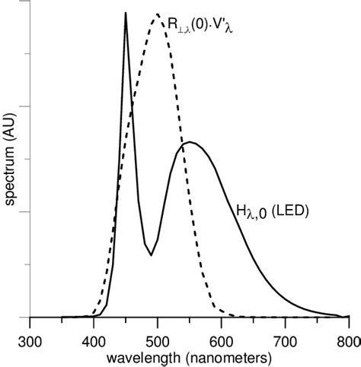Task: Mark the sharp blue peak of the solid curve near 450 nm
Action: click(126, 13)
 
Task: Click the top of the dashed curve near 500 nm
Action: click(157, 14)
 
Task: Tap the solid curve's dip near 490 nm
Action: click(151, 255)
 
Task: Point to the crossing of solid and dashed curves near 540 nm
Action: click(180, 147)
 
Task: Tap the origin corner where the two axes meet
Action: click(30, 318)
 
